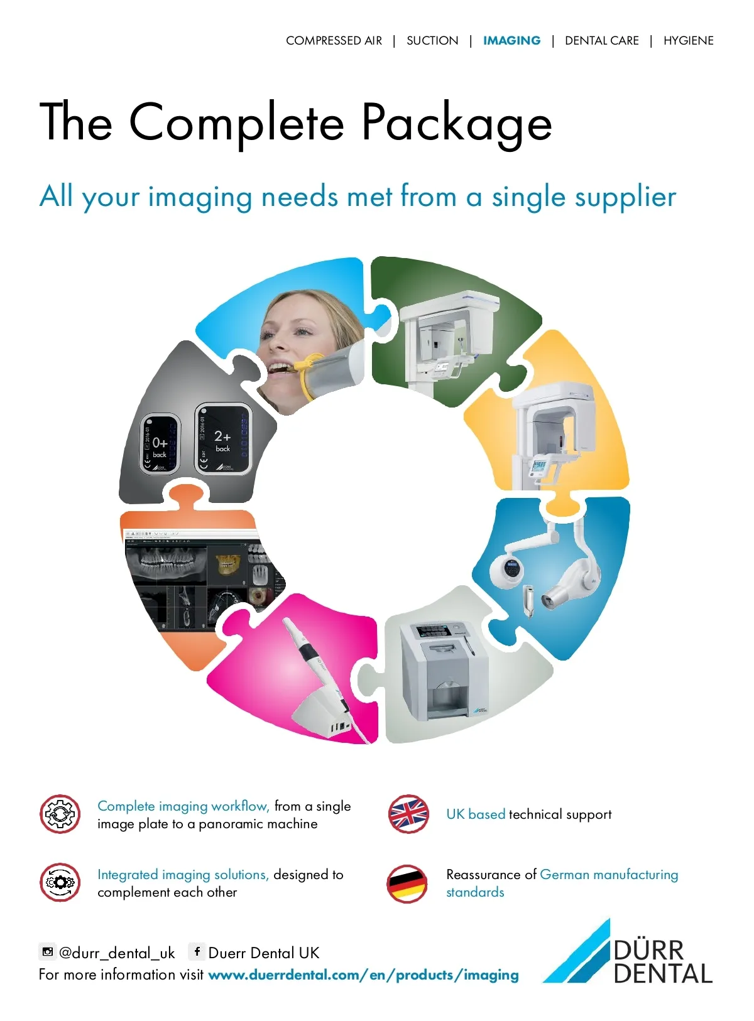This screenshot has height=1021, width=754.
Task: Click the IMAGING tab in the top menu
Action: pyautogui.click(x=511, y=41)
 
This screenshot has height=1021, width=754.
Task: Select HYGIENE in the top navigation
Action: pyautogui.click(x=688, y=41)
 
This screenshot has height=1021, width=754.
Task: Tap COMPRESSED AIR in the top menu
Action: pyautogui.click(x=334, y=41)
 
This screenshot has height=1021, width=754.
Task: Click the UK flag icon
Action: pyautogui.click(x=408, y=814)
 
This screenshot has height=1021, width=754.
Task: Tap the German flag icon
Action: pyautogui.click(x=407, y=883)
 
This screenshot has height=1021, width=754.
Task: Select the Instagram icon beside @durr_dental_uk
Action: pyautogui.click(x=47, y=952)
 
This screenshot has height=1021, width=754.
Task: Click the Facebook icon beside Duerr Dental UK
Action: pyautogui.click(x=197, y=952)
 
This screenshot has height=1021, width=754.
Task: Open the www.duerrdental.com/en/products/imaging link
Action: pyautogui.click(x=363, y=975)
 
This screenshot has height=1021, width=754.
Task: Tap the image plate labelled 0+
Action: pyautogui.click(x=160, y=443)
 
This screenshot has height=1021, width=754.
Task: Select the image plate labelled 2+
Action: pyautogui.click(x=223, y=438)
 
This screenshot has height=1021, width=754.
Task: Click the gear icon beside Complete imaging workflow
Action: pyautogui.click(x=60, y=814)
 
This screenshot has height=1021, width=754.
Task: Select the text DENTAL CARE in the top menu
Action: pyautogui.click(x=601, y=41)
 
